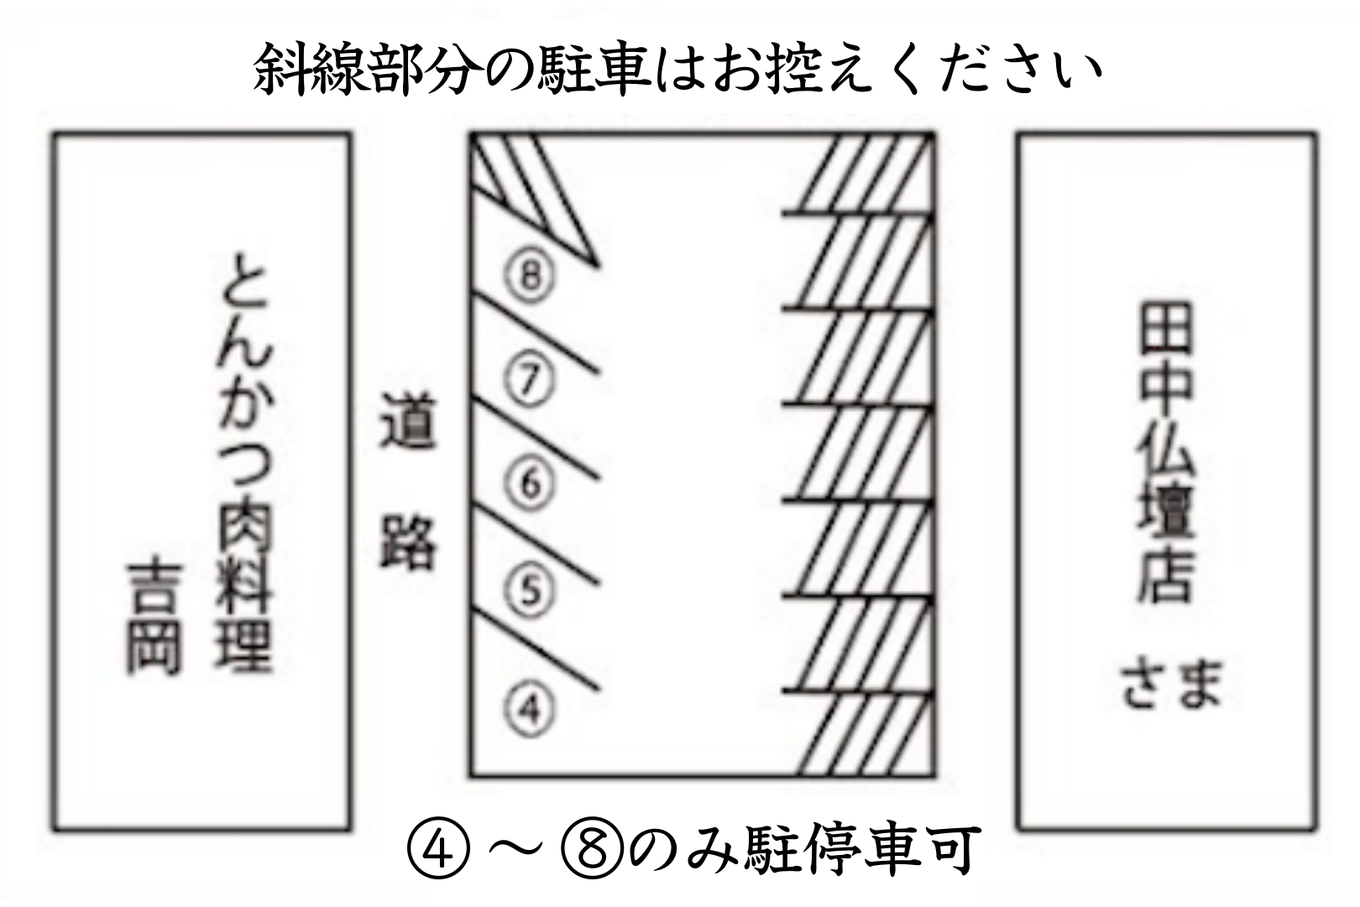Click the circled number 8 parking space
point(530,277)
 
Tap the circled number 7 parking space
point(529,380)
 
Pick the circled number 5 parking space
point(530,591)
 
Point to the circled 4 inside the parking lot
point(530,709)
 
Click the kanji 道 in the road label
point(407,421)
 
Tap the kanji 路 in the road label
point(407,542)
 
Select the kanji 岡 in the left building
point(154,648)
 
